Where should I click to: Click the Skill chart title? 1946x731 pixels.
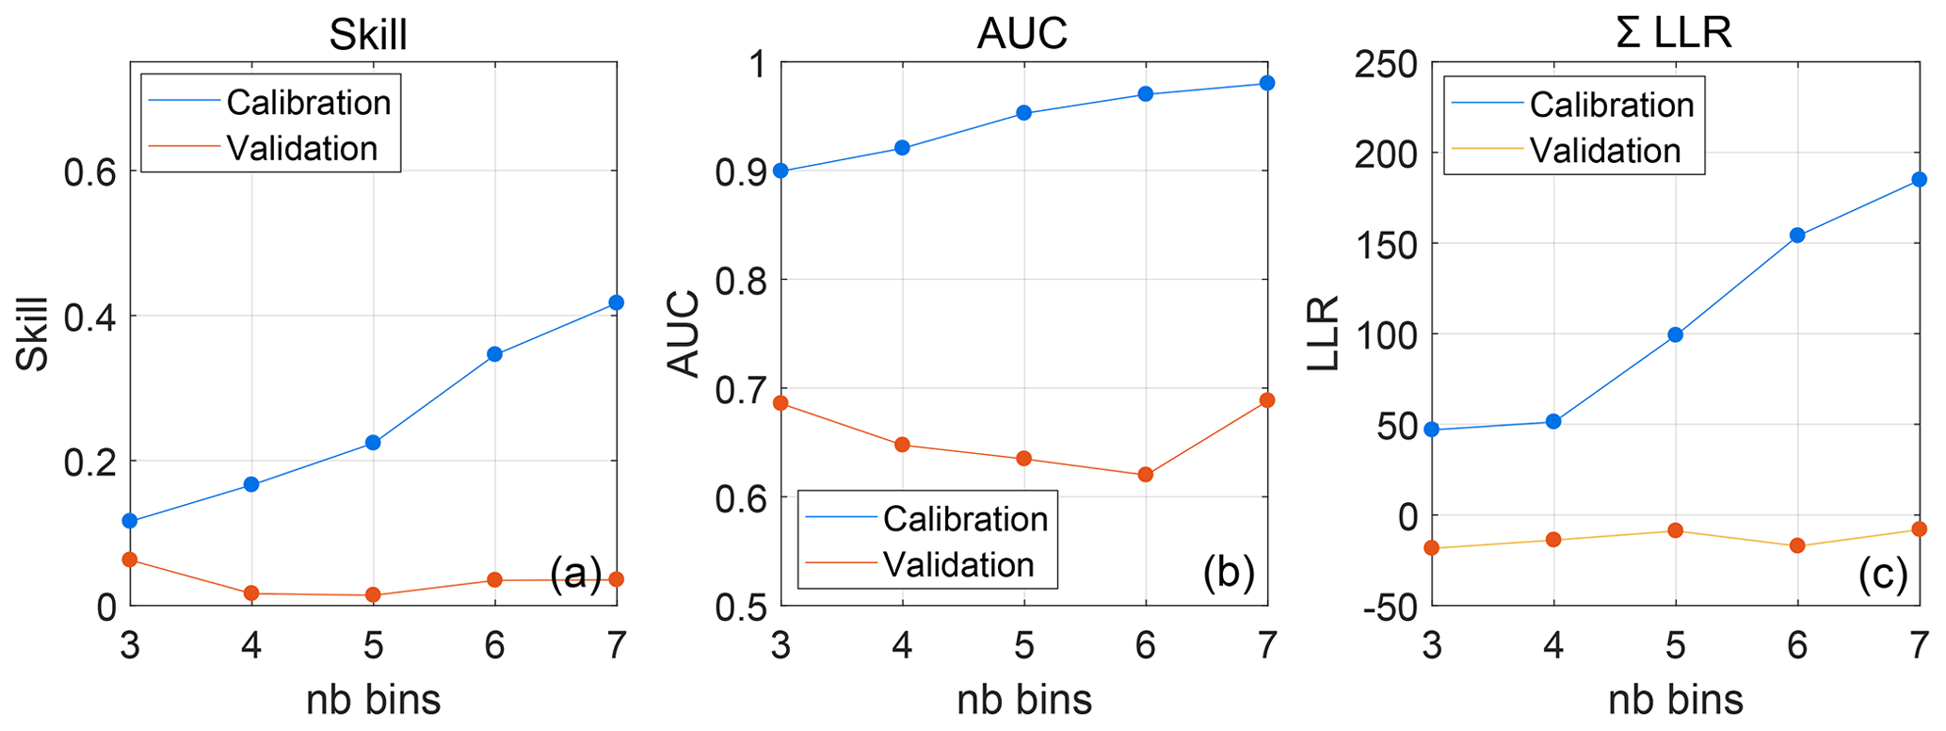pyautogui.click(x=368, y=35)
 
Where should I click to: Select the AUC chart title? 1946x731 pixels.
pyautogui.click(x=1021, y=35)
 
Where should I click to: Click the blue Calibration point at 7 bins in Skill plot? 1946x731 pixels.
pyautogui.click(x=617, y=302)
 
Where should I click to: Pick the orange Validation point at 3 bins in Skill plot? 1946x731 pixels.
pyautogui.click(x=130, y=560)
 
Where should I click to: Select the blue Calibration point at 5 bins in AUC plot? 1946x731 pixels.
pyautogui.click(x=1024, y=113)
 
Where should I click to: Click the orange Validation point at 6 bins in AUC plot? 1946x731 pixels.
pyautogui.click(x=1146, y=475)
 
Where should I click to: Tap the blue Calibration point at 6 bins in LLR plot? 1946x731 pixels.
pyautogui.click(x=1797, y=236)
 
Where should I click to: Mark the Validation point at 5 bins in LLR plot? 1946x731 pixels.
pyautogui.click(x=1675, y=530)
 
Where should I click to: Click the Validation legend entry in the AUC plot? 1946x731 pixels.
pyautogui.click(x=958, y=564)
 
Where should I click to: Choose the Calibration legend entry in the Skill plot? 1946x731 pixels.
pyautogui.click(x=308, y=102)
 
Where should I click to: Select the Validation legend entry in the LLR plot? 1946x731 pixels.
pyautogui.click(x=1605, y=151)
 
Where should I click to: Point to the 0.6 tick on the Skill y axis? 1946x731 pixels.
pyautogui.click(x=88, y=171)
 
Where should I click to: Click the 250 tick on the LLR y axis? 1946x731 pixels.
pyautogui.click(x=1385, y=63)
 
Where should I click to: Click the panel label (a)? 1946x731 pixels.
pyautogui.click(x=575, y=573)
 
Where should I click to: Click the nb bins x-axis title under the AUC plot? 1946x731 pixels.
pyautogui.click(x=1024, y=700)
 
